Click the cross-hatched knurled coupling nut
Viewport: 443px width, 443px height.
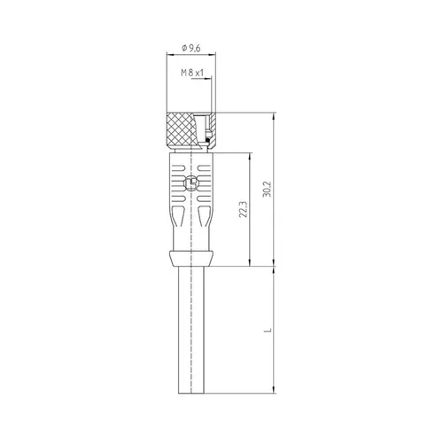(x=183, y=129)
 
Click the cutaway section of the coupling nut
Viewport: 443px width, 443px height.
(x=206, y=128)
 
